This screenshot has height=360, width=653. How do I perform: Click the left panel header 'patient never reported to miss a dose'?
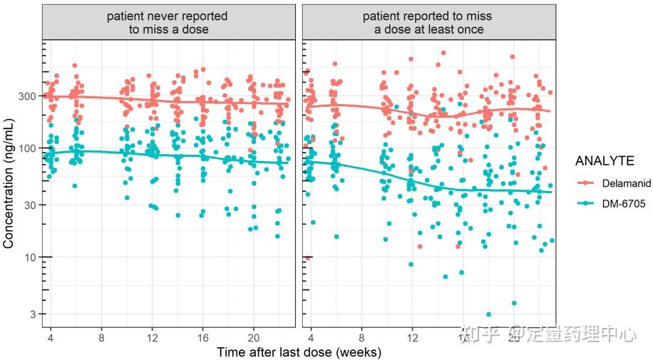[168, 23]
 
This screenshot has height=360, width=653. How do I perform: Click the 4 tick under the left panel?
[51, 336]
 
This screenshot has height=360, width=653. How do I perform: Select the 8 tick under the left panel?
[101, 336]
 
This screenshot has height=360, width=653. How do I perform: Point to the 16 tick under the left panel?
[202, 336]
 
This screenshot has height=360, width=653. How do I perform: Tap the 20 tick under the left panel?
[253, 336]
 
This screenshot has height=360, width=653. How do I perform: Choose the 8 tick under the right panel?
[361, 336]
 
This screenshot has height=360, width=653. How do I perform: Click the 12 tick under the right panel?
[411, 336]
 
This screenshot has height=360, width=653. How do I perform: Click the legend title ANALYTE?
[605, 162]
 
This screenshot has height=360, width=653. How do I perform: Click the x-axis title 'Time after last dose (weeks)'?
[299, 352]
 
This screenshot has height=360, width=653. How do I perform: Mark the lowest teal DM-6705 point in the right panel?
[488, 314]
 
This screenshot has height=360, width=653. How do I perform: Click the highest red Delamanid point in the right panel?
[443, 53]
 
